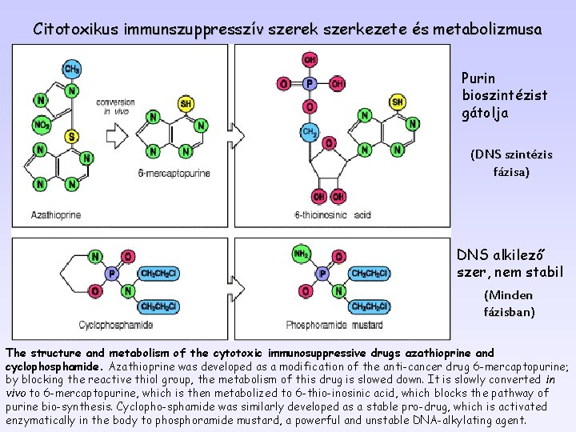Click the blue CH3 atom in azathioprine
pyautogui.click(x=71, y=69)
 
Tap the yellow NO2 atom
pyautogui.click(x=40, y=124)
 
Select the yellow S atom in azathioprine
pyautogui.click(x=71, y=136)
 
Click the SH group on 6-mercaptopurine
pyautogui.click(x=186, y=103)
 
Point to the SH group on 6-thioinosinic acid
pyautogui.click(x=398, y=102)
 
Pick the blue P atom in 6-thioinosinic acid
pyautogui.click(x=310, y=83)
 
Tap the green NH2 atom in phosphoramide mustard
pyautogui.click(x=302, y=254)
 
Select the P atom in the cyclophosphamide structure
pyautogui.click(x=111, y=274)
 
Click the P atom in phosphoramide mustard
pyautogui.click(x=322, y=274)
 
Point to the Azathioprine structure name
pyautogui.click(x=56, y=214)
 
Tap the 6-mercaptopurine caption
pyautogui.click(x=174, y=173)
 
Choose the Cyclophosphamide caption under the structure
pyautogui.click(x=117, y=325)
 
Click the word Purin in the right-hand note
pyautogui.click(x=478, y=78)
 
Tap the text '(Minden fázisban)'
pyautogui.click(x=509, y=303)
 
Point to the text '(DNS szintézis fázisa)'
pyautogui.click(x=510, y=162)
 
